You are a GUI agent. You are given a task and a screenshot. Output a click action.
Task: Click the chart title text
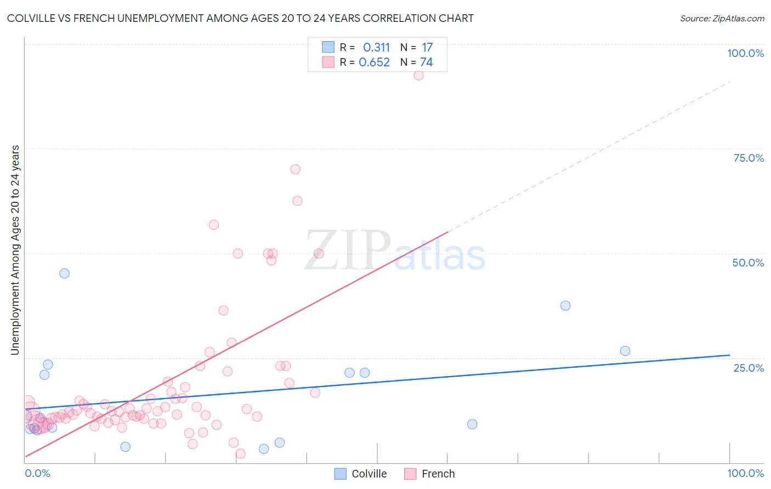[240, 18]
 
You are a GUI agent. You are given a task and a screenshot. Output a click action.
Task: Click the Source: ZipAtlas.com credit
[722, 18]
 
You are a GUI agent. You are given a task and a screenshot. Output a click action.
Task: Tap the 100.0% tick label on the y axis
[745, 53]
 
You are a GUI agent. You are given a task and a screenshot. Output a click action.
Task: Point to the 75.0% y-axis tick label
[749, 158]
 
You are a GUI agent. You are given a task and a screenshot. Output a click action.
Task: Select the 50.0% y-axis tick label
[748, 263]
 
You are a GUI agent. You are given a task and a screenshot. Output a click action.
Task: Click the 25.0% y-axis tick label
[749, 368]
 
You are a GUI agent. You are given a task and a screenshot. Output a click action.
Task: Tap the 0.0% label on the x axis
[37, 473]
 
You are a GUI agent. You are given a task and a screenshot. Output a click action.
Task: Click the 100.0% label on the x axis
[745, 473]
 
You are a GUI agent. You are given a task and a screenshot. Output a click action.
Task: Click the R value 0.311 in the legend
[376, 47]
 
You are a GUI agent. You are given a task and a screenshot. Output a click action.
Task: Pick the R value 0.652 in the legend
[374, 62]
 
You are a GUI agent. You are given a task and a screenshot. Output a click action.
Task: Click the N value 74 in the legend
[426, 62]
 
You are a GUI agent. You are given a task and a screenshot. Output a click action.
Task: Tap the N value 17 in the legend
[427, 47]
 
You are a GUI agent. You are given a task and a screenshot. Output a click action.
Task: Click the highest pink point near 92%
[418, 76]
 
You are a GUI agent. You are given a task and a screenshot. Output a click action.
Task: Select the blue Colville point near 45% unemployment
[64, 273]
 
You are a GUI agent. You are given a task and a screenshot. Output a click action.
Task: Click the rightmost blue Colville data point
[625, 351]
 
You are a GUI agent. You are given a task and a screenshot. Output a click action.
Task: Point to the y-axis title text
[15, 250]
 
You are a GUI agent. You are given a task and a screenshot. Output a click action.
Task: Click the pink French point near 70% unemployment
[295, 169]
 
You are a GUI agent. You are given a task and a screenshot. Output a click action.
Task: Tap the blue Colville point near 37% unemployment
[565, 305]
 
